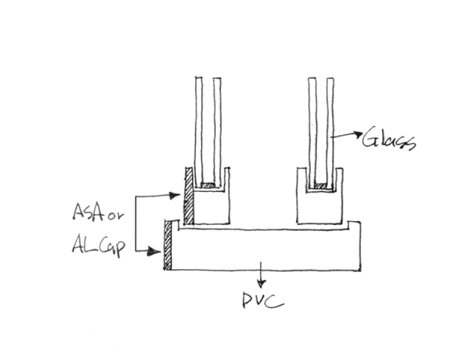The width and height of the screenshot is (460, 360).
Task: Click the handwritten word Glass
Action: [x=389, y=138]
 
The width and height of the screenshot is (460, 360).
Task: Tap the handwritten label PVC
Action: [x=263, y=300]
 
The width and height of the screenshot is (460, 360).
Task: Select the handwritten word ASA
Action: [x=88, y=212]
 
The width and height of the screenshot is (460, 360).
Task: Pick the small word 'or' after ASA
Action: [x=116, y=216]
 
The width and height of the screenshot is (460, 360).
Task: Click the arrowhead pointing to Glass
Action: [x=359, y=134]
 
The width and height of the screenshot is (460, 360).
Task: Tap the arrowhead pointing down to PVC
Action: [x=261, y=284]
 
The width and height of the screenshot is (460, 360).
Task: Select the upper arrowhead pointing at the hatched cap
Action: [x=175, y=195]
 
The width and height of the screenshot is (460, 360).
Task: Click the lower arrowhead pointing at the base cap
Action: [x=155, y=251]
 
